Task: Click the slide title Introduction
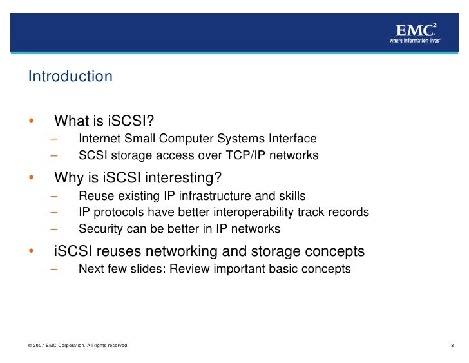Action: (70, 77)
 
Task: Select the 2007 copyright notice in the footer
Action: (79, 346)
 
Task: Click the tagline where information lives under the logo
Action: (415, 40)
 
